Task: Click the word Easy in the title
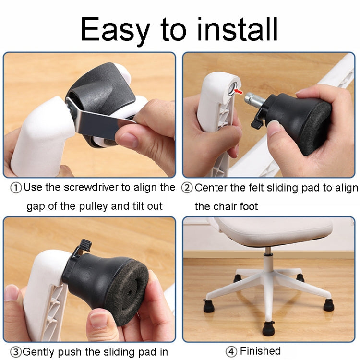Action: point(114,30)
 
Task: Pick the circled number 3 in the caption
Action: point(16,352)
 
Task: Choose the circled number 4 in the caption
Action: point(231,351)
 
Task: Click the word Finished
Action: point(260,351)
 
